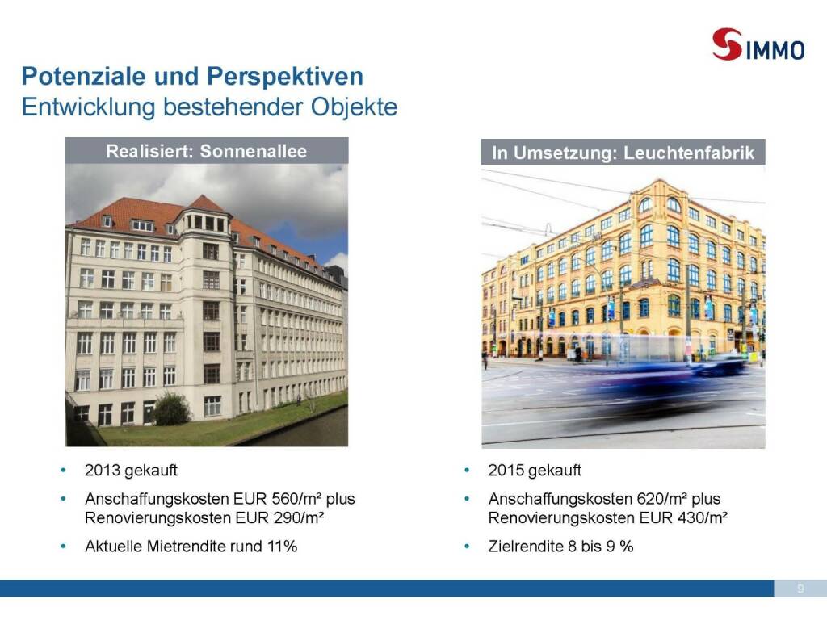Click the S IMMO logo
758,44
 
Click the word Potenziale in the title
84,77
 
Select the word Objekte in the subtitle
354,107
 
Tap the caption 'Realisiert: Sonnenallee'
206,151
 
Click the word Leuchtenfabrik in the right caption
689,153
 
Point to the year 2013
102,470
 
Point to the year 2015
506,470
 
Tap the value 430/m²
703,517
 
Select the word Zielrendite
526,547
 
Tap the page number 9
800,589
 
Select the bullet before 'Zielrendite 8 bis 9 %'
467,547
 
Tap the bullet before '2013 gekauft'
64,470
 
